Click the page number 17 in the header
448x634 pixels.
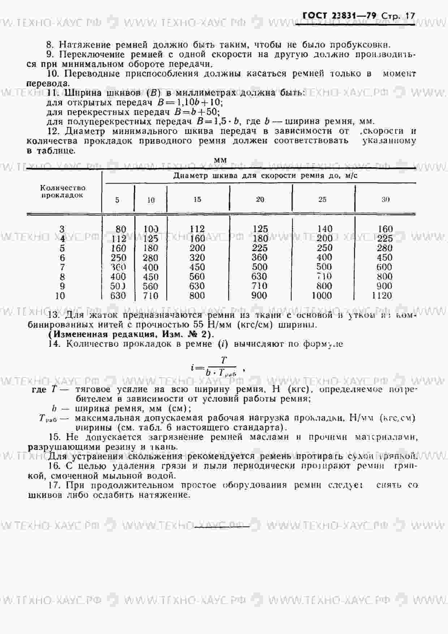pyautogui.click(x=410, y=16)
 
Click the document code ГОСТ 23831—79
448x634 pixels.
pyautogui.click(x=339, y=16)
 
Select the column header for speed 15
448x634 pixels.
pyautogui.click(x=197, y=199)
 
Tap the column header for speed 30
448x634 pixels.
pyautogui.click(x=385, y=199)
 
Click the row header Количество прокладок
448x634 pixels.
pyautogui.click(x=63, y=191)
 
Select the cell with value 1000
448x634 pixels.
pyautogui.click(x=322, y=296)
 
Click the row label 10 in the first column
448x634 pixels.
pyautogui.click(x=60, y=296)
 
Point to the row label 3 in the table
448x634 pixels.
pyautogui.click(x=62, y=229)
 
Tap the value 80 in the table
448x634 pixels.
pyautogui.click(x=121, y=229)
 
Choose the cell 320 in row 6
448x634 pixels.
pyautogui.click(x=197, y=258)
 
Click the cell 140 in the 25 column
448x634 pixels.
pyautogui.click(x=324, y=229)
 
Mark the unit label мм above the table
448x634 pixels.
pyautogui.click(x=220, y=160)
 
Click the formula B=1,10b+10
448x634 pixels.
pyautogui.click(x=190, y=103)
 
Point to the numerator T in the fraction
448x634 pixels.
pyautogui.click(x=224, y=360)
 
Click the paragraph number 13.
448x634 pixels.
pyautogui.click(x=54, y=315)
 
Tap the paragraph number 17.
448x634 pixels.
pyautogui.click(x=54, y=485)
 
